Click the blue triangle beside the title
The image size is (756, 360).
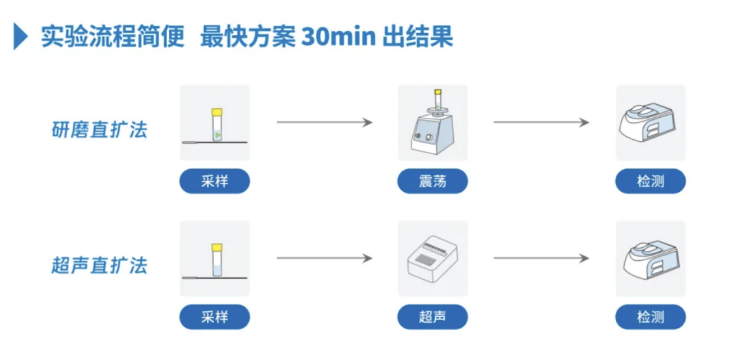[x=20, y=37]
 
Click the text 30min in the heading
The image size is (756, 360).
[x=338, y=37]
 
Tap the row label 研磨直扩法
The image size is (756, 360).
[x=99, y=130]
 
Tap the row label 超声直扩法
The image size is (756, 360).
[x=99, y=265]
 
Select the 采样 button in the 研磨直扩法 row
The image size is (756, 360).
[x=214, y=181]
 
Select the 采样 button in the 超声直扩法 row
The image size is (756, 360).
[x=214, y=317]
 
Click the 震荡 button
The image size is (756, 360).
[x=432, y=181]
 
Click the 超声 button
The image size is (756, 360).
[x=432, y=317]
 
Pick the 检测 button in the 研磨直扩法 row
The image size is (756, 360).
[x=651, y=181]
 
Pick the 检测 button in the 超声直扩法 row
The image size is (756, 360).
[x=651, y=317]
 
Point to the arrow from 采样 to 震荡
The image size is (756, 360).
[x=324, y=122]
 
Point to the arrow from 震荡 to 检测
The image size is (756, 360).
[x=541, y=122]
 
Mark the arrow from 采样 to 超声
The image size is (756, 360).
[x=324, y=258]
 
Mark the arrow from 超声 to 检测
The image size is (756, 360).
[x=541, y=258]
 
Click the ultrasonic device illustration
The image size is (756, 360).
[x=432, y=260]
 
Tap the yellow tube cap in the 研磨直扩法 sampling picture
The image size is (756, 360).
[x=217, y=112]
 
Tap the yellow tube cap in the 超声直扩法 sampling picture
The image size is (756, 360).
[x=217, y=247]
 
